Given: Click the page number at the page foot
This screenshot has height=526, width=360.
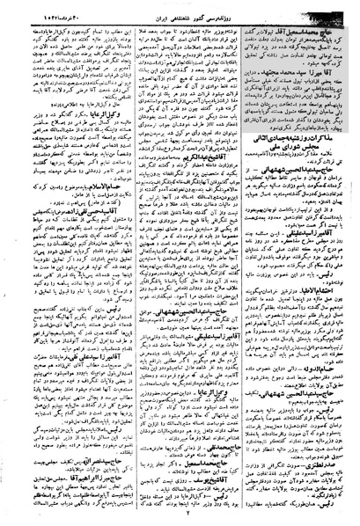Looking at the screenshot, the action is pyautogui.click(x=180, y=518).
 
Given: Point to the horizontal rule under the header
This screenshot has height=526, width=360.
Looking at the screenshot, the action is pyautogui.click(x=180, y=18).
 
